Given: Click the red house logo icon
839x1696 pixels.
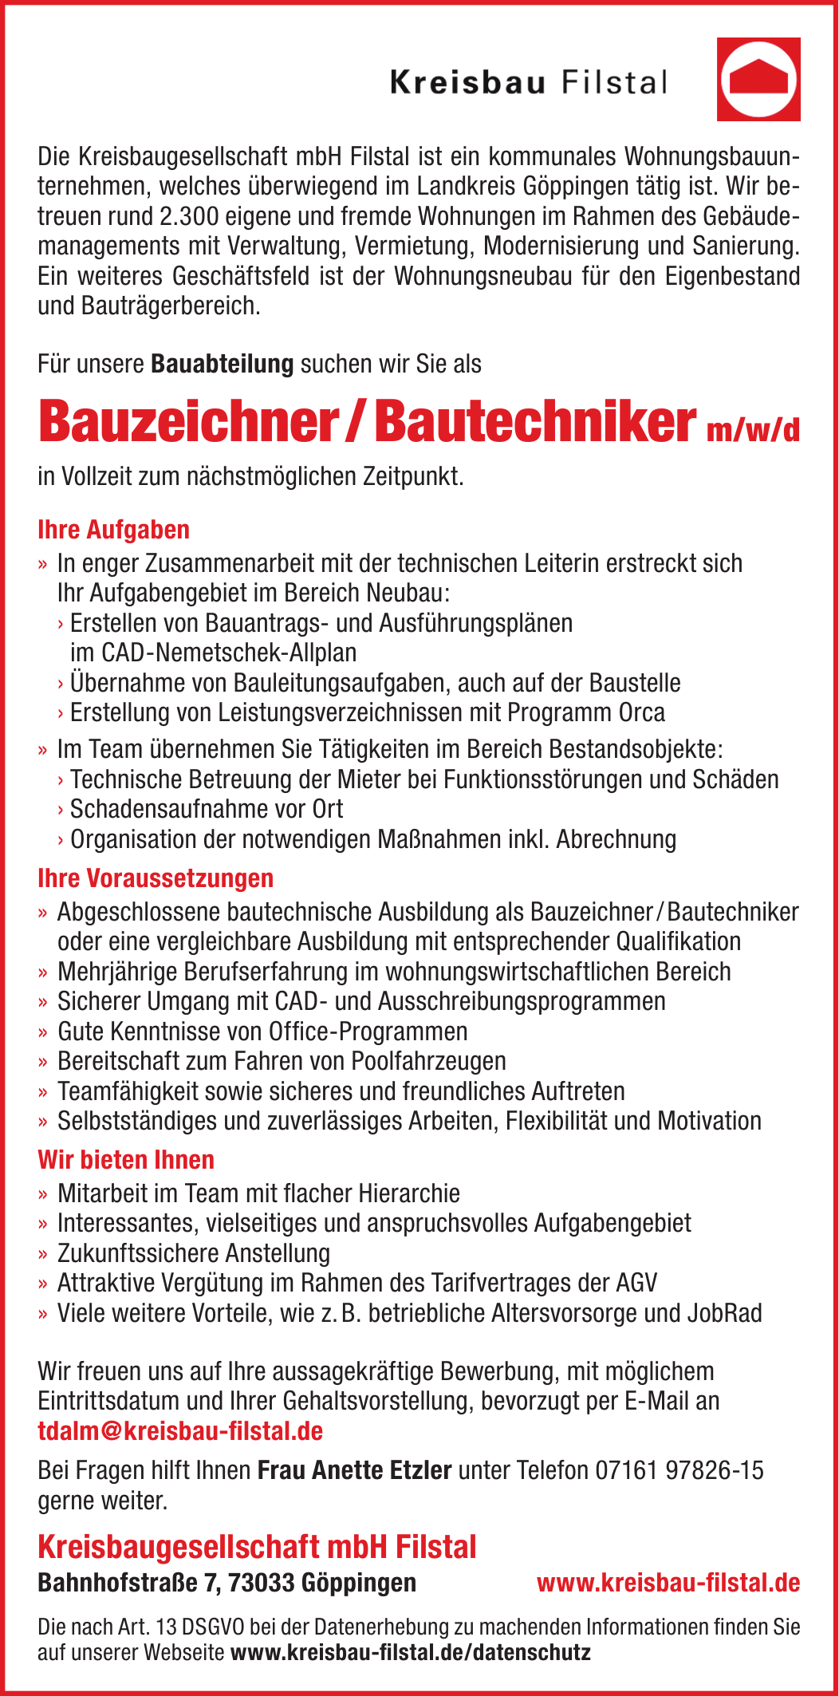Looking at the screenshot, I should pos(758,79).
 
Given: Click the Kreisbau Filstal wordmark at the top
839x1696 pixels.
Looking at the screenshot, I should pos(528,82).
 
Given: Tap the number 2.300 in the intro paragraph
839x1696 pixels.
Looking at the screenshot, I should pos(189,216).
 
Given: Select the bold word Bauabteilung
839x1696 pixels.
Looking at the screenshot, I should pos(223,364).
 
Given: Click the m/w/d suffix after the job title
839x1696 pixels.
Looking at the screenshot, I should pos(752,430).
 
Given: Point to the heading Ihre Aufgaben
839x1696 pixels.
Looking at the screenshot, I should pos(113,530).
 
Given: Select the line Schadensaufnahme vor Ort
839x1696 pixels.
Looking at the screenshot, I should pos(207,809).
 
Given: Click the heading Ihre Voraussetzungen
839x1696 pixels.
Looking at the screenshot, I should pos(156,878).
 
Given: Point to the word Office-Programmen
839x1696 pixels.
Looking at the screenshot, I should pos(368,1031).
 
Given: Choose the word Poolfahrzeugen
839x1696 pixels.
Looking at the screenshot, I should pos(428,1061).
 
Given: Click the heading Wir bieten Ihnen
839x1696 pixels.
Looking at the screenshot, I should pos(126,1160).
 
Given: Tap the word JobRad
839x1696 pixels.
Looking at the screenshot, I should pos(725,1313).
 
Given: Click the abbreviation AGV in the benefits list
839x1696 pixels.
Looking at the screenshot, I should pos(636,1283).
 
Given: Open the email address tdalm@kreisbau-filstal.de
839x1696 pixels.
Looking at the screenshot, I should pos(180,1431).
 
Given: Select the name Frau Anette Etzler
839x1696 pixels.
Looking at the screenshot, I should pos(354,1469).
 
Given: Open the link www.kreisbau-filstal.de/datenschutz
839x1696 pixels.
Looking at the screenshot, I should pos(410,1652).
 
